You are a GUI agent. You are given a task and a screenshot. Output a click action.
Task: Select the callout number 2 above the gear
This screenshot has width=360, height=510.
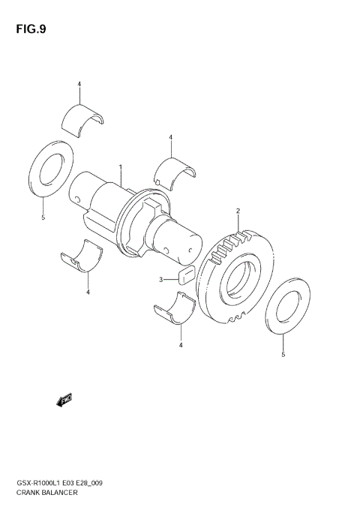[238, 211]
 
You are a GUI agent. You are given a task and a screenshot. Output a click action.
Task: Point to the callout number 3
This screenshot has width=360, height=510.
[160, 280]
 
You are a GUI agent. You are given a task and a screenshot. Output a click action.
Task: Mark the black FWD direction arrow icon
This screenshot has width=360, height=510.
[64, 401]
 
